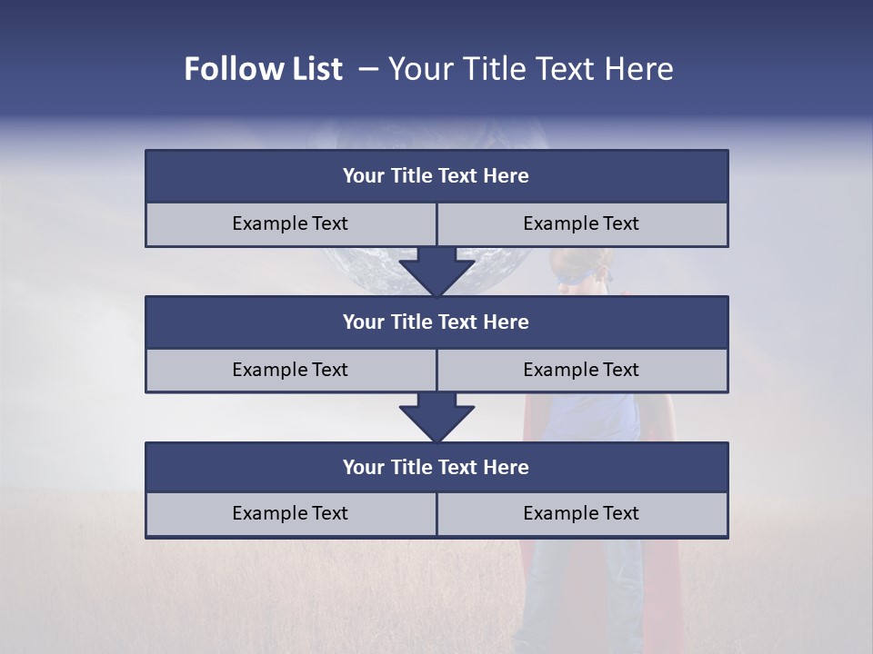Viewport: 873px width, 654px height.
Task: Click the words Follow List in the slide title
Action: tap(263, 69)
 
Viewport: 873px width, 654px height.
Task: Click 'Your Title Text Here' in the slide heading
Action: tap(530, 69)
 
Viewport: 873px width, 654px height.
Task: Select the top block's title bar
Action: tap(436, 176)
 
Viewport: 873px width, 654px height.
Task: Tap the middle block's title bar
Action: tap(436, 322)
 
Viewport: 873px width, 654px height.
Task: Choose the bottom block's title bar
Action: tap(436, 467)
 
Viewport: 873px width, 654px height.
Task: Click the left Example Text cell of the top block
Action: tap(290, 223)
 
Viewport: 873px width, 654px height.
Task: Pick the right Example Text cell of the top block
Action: tap(581, 223)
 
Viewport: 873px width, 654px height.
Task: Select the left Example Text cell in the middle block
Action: tap(290, 370)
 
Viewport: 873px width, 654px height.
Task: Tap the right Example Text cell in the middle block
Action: tap(581, 370)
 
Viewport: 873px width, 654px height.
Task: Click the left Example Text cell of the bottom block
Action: tap(290, 513)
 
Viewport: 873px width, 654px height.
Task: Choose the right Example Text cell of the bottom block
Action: tap(581, 513)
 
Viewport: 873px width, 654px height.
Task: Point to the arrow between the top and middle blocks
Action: tap(436, 271)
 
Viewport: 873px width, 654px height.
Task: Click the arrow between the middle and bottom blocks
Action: tap(436, 417)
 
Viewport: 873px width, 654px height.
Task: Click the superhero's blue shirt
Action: tap(591, 418)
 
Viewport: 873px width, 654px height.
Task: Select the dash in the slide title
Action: tap(368, 69)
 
